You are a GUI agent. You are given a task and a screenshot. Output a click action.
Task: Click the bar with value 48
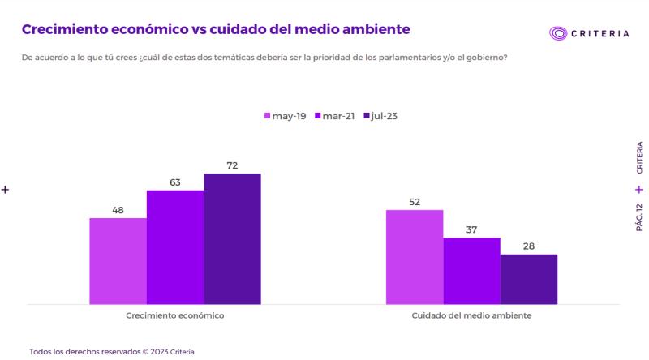click(x=118, y=261)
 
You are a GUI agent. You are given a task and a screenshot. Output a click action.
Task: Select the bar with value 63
click(x=175, y=247)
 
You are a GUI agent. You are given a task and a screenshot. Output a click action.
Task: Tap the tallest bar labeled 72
click(x=232, y=239)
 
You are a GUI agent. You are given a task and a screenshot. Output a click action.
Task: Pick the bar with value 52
click(x=415, y=257)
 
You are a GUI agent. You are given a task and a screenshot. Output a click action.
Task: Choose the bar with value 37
click(x=471, y=271)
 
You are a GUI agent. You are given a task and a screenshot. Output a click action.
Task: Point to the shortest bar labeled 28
click(x=529, y=279)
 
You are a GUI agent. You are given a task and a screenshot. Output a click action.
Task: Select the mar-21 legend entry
click(x=335, y=116)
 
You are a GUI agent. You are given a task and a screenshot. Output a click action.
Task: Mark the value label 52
click(x=415, y=202)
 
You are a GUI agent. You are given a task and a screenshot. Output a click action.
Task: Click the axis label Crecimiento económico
click(x=175, y=315)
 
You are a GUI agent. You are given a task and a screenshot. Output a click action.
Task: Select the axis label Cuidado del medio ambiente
click(x=471, y=315)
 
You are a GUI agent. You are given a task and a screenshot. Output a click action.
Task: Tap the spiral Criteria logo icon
click(x=559, y=33)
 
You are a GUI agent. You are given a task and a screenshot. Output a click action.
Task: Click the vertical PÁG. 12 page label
click(x=638, y=218)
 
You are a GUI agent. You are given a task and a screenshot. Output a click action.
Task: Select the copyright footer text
click(x=112, y=352)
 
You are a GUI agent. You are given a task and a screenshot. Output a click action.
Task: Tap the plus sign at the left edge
click(x=5, y=189)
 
